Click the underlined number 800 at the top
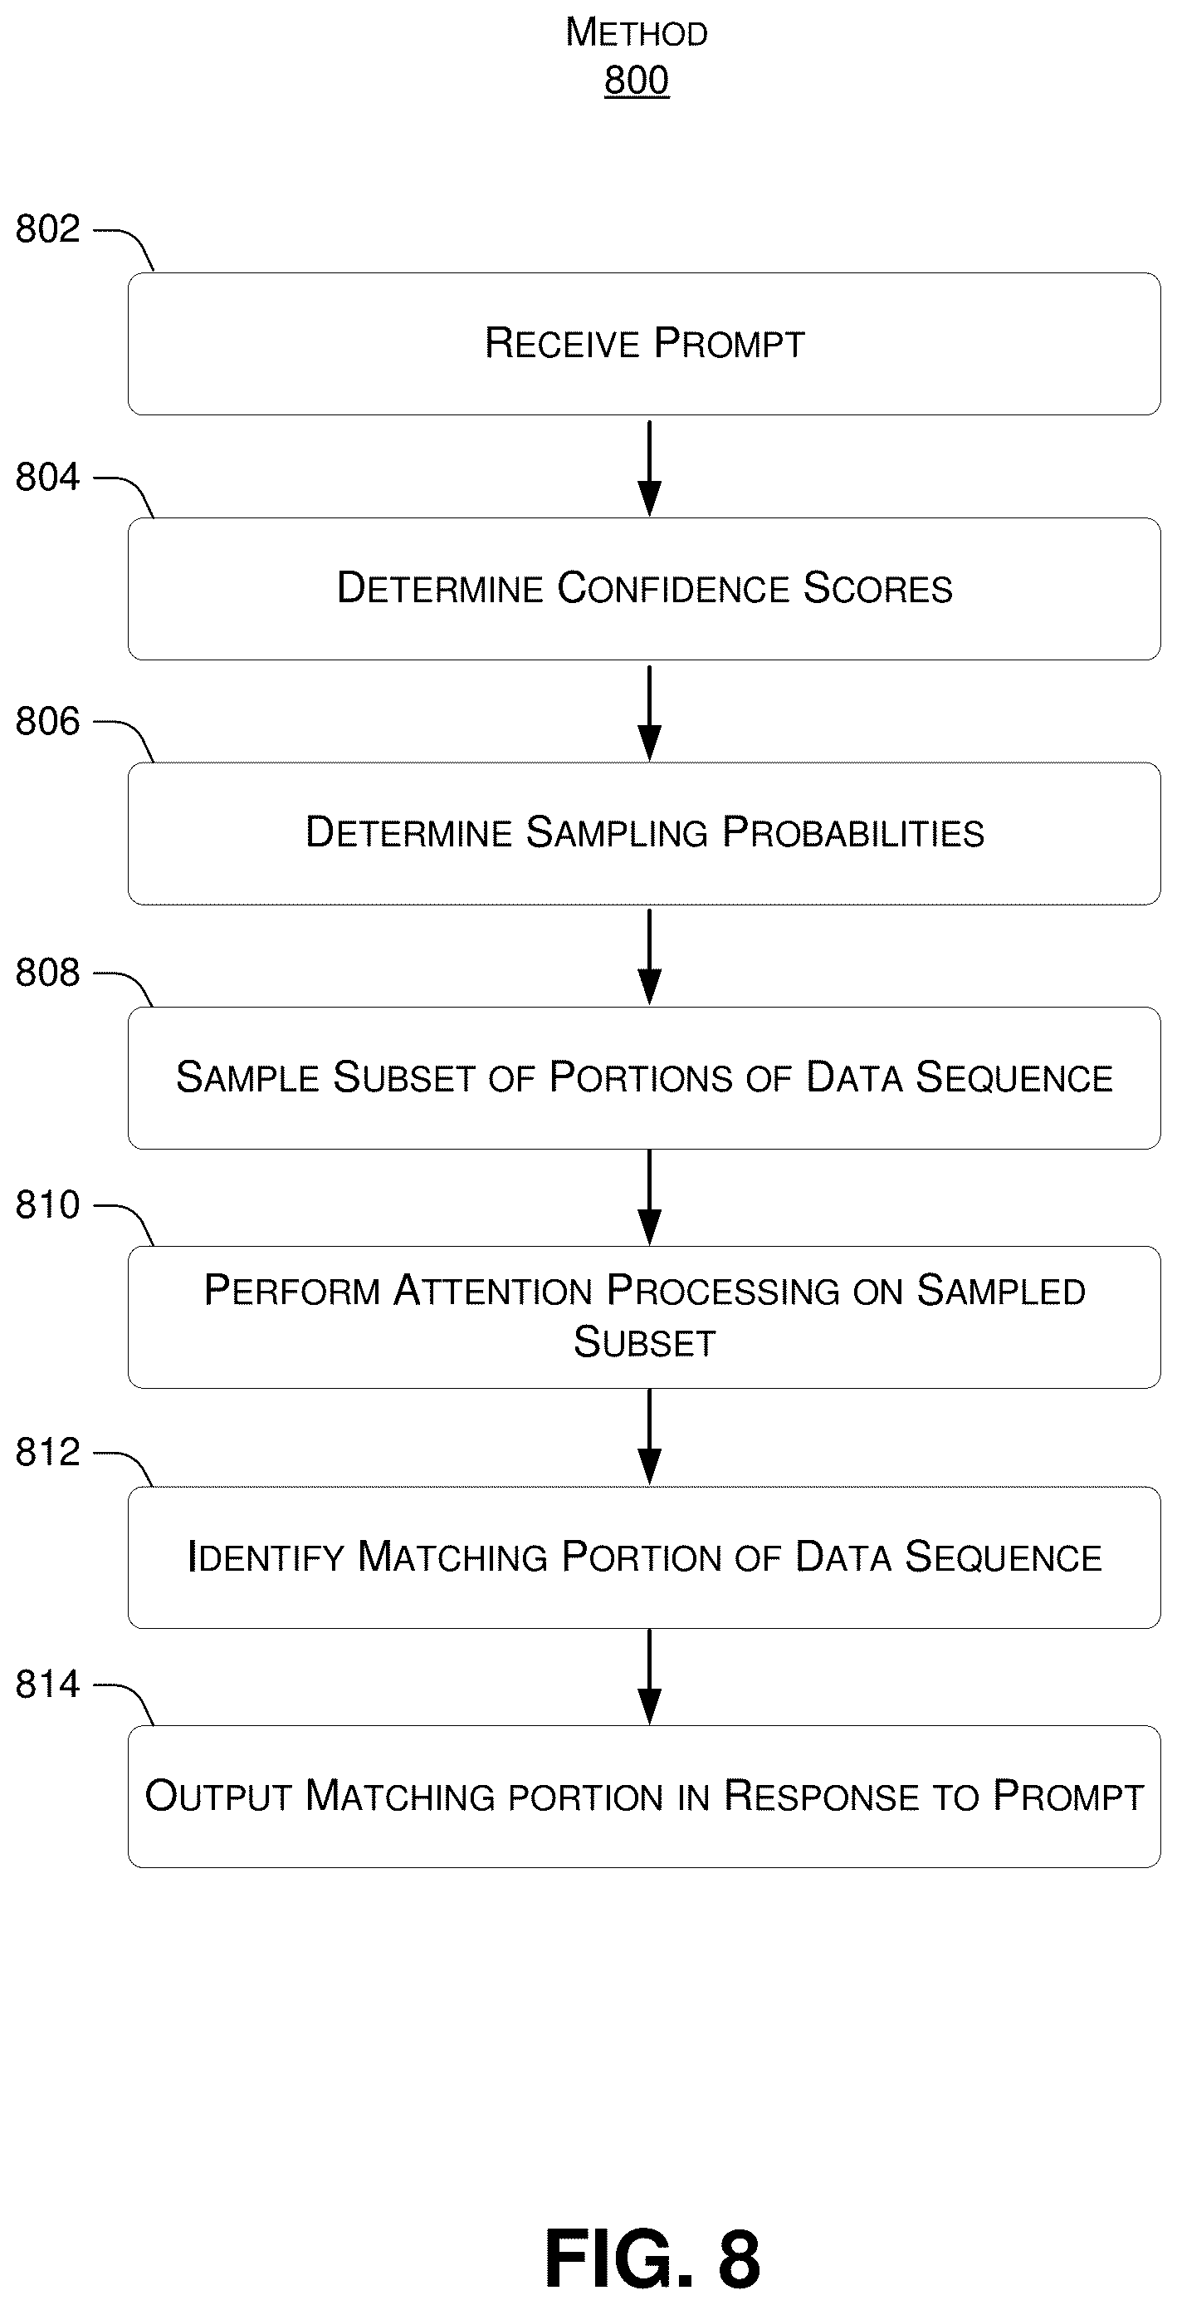coord(636,81)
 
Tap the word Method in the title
coord(636,32)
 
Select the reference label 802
coord(47,229)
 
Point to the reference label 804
coord(47,477)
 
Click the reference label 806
coord(47,721)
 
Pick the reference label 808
coord(47,973)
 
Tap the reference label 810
coord(47,1205)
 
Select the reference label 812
coord(47,1452)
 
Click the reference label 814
coord(47,1685)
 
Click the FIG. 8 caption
coord(652,2258)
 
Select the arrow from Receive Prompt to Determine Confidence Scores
coord(649,468)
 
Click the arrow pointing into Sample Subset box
coord(649,958)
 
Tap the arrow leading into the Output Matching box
coord(649,1677)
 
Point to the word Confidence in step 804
coord(673,589)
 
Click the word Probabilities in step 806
coord(853,833)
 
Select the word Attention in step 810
coord(493,1291)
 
